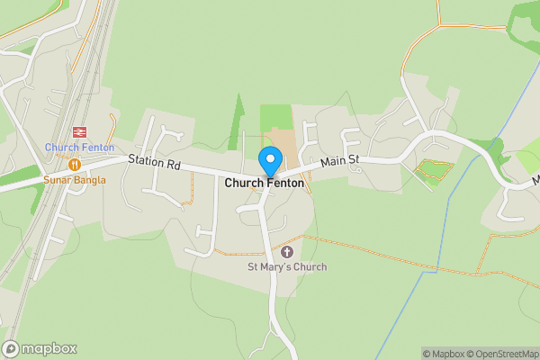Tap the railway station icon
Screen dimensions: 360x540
click(x=79, y=131)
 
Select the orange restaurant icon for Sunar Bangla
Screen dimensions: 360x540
click(x=75, y=165)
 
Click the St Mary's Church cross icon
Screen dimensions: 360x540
click(x=287, y=251)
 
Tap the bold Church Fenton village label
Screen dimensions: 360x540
click(x=265, y=183)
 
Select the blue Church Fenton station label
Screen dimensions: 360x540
click(x=79, y=148)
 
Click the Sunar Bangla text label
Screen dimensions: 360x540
click(x=75, y=180)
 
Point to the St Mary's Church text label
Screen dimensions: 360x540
click(x=287, y=266)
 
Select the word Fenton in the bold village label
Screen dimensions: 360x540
click(x=284, y=183)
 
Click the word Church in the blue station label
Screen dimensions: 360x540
click(x=62, y=148)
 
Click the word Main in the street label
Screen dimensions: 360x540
click(x=333, y=162)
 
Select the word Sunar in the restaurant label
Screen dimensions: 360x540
click(x=58, y=180)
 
